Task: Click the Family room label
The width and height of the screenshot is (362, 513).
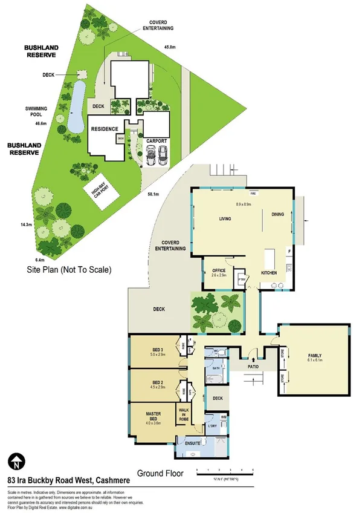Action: [x=315, y=356]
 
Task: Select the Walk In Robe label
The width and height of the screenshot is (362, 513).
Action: [x=183, y=414]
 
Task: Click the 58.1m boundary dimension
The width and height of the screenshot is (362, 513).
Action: [x=154, y=194]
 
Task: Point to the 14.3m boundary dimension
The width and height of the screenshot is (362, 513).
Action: [x=26, y=224]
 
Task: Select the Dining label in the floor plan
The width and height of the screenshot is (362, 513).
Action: [x=277, y=214]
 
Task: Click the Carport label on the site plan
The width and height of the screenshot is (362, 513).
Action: [x=157, y=140]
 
